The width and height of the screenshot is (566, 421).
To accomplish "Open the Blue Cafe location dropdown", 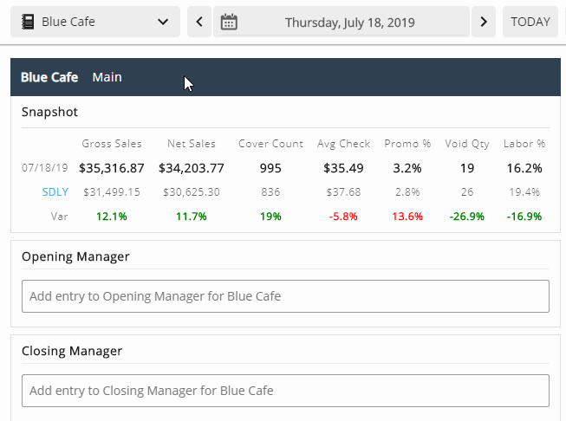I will pyautogui.click(x=95, y=22).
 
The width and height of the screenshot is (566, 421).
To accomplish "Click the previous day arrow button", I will pyautogui.click(x=199, y=22).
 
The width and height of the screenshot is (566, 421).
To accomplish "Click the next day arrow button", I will pyautogui.click(x=484, y=22).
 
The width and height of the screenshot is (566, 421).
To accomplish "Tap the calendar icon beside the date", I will pyautogui.click(x=229, y=22).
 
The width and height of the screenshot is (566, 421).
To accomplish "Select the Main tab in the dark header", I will pyautogui.click(x=107, y=77).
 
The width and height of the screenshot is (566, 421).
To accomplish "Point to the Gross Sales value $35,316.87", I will pyautogui.click(x=111, y=168).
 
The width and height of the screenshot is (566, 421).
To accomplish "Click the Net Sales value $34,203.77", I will pyautogui.click(x=192, y=168).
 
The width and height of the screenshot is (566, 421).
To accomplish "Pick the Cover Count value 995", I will pyautogui.click(x=270, y=168).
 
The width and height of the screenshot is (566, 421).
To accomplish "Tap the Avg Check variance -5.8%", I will pyautogui.click(x=343, y=216).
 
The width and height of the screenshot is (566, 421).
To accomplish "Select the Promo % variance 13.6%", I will pyautogui.click(x=407, y=216).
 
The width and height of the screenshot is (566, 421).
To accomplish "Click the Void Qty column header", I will pyautogui.click(x=467, y=144).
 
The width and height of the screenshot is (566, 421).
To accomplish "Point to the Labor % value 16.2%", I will pyautogui.click(x=524, y=168).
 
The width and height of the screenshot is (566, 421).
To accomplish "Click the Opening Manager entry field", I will pyautogui.click(x=285, y=296).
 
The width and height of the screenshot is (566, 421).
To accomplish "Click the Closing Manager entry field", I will pyautogui.click(x=285, y=391).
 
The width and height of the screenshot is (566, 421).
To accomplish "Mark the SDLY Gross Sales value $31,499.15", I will pyautogui.click(x=111, y=191).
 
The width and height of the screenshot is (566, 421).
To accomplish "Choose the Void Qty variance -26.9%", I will pyautogui.click(x=467, y=216).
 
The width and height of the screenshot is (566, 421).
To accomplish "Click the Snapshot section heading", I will pyautogui.click(x=49, y=112).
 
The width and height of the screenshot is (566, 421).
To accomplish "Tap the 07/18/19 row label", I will pyautogui.click(x=45, y=168).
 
